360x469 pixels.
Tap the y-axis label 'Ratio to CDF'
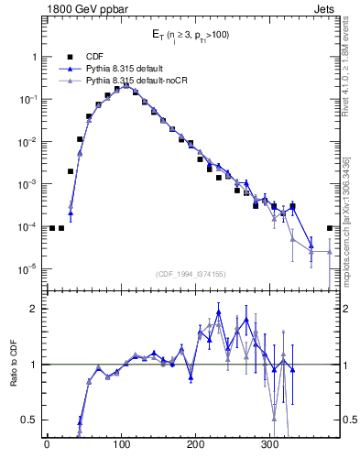tap(14, 364)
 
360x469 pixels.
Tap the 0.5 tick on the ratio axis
tap(30, 420)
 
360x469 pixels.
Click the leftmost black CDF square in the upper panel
tap(52, 228)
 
